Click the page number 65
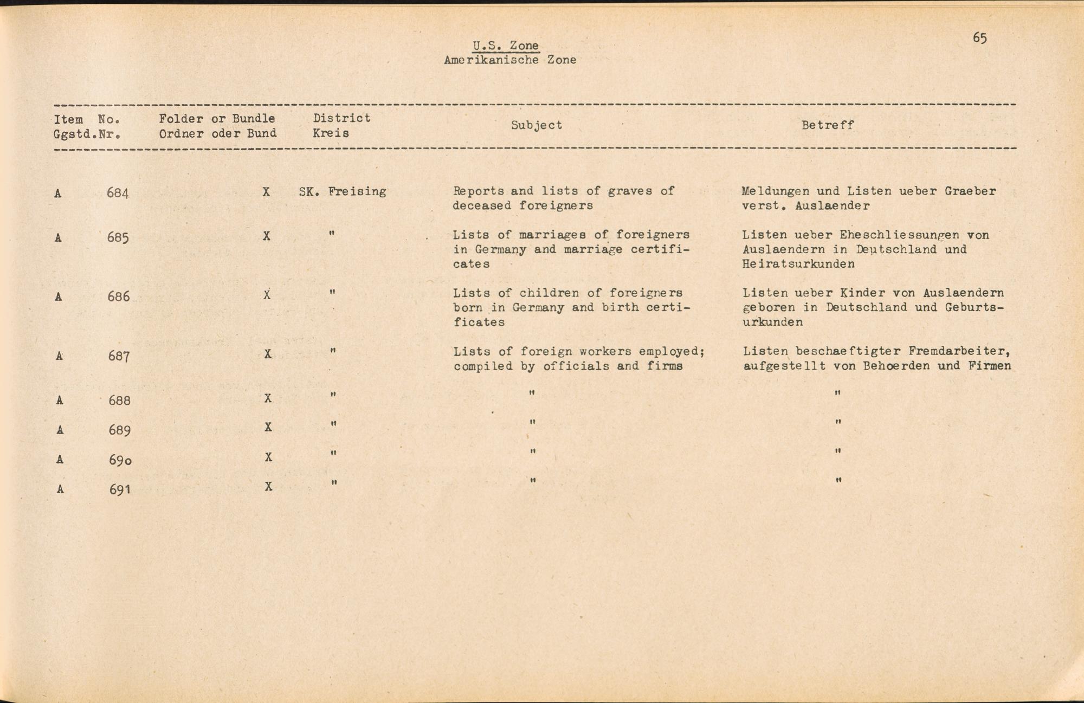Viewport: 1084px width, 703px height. point(979,37)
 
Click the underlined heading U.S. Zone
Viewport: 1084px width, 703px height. point(506,46)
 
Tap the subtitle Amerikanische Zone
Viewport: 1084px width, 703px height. point(510,60)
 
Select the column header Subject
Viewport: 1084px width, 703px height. point(537,125)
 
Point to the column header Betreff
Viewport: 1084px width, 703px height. point(828,125)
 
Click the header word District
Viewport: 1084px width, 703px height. point(342,118)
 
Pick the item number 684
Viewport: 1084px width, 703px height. point(118,193)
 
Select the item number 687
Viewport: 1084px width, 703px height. point(118,357)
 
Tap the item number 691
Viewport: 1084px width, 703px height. point(120,489)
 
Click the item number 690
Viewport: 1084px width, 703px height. point(120,460)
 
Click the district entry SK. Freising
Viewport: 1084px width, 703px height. point(343,191)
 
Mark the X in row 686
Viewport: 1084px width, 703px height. point(267,295)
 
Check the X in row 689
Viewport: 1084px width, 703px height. point(268,427)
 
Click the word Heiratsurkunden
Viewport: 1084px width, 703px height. point(798,265)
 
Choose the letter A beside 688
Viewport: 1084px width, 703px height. point(60,401)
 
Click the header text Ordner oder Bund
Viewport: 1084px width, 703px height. point(217,133)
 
